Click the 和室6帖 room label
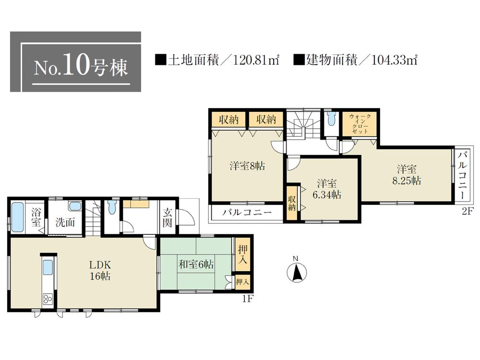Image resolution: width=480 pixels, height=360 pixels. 197,264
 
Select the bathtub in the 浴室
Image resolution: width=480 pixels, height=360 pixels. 18,217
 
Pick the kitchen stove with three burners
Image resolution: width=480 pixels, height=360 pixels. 48,300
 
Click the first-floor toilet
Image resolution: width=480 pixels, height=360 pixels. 112,208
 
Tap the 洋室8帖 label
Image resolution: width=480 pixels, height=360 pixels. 247,166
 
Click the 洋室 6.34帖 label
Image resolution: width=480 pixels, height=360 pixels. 327,189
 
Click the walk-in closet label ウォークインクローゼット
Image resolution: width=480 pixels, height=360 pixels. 360,123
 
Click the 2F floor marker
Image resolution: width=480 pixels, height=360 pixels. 468,212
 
